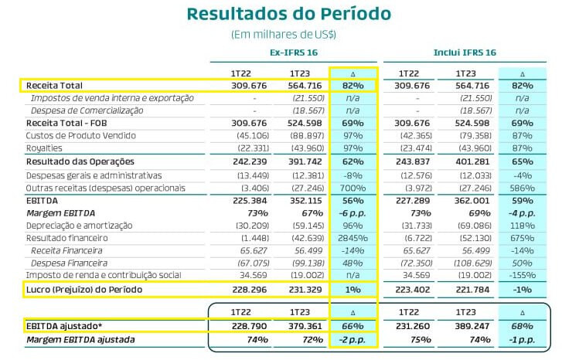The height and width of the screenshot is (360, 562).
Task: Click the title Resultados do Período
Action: (x=288, y=14)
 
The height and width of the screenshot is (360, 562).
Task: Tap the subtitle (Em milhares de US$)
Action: (x=283, y=35)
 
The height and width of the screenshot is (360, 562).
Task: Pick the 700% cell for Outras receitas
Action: (x=352, y=187)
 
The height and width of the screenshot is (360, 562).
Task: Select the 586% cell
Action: (x=522, y=187)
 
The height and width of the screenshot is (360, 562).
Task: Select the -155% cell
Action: (x=522, y=275)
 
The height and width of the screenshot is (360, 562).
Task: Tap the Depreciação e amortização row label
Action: (x=80, y=225)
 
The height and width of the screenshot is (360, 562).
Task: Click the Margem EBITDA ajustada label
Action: (x=80, y=339)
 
